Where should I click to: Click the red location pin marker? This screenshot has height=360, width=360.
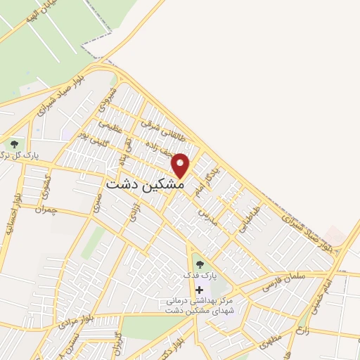coord(181,165)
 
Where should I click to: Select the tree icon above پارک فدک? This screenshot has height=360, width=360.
coord(200,264)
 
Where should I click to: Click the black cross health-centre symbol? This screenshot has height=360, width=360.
coord(200,290)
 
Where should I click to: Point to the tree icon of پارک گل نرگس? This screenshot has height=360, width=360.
coord(14,144)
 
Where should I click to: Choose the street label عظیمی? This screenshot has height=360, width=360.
coord(110,124)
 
